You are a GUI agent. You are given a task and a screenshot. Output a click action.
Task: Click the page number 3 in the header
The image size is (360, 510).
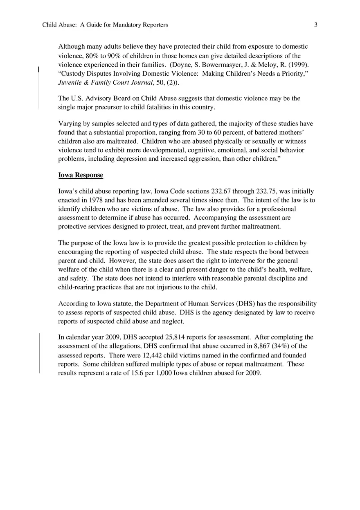tap(316, 25)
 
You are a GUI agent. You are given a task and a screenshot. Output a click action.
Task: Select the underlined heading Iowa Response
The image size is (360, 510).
tap(81, 175)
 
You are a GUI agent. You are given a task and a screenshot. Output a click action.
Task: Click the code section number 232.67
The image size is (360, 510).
tap(223, 191)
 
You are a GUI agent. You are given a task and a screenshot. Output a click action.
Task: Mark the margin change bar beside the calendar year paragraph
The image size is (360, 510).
tap(39, 353)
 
